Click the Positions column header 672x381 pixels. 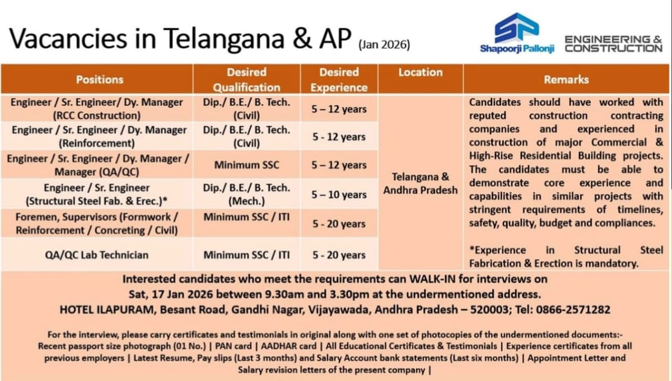(x=100, y=80)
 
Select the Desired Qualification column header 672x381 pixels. (x=246, y=80)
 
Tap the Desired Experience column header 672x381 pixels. (x=339, y=80)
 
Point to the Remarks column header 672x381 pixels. (x=566, y=80)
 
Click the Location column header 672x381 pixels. (x=421, y=72)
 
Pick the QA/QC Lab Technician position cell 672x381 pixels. (x=97, y=255)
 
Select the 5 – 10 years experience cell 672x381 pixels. (x=339, y=194)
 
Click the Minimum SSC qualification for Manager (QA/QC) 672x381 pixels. (x=246, y=165)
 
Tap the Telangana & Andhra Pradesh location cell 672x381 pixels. (x=421, y=183)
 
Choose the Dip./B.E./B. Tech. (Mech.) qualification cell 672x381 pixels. (x=246, y=194)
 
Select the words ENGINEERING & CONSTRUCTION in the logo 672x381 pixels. (x=613, y=44)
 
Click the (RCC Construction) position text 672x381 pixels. (x=97, y=116)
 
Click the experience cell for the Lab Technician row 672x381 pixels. (x=339, y=255)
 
